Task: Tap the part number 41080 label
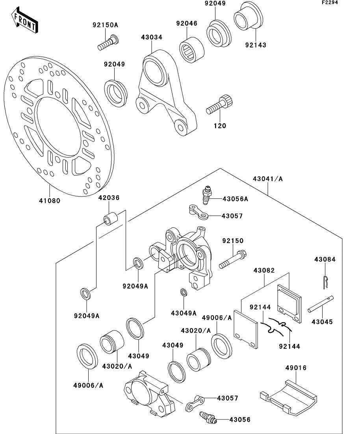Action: pos(49,200)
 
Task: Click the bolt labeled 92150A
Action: pos(108,42)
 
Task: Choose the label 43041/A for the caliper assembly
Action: pos(268,179)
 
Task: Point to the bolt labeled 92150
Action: pos(234,259)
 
